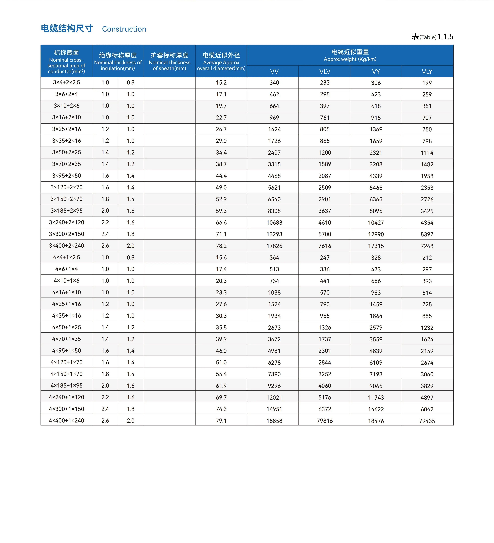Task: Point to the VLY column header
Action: (427, 72)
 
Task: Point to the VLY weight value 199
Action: (427, 83)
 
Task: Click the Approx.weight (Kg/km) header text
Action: (350, 59)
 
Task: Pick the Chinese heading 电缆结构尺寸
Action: (67, 29)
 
